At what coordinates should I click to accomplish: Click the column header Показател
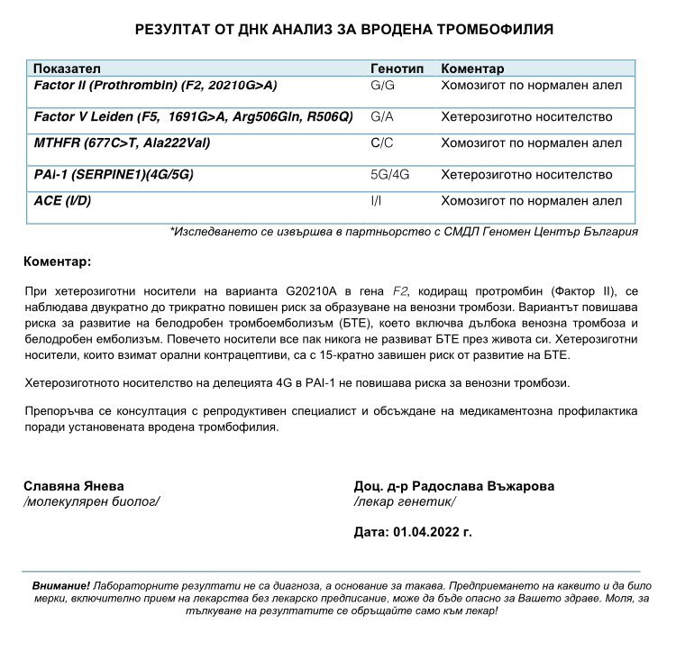[x=68, y=69]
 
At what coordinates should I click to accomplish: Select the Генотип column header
[x=396, y=69]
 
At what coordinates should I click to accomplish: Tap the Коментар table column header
[x=472, y=69]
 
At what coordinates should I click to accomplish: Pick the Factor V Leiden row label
[x=193, y=117]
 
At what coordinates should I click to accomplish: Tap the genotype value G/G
[x=383, y=86]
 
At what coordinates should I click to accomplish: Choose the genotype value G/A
[x=383, y=117]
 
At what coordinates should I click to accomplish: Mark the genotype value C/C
[x=383, y=143]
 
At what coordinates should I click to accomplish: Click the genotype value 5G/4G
[x=390, y=175]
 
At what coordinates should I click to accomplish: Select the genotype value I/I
[x=376, y=200]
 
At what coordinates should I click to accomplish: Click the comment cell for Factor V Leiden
[x=526, y=117]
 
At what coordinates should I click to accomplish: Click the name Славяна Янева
[x=74, y=486]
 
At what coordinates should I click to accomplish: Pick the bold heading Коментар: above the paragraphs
[x=57, y=262]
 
